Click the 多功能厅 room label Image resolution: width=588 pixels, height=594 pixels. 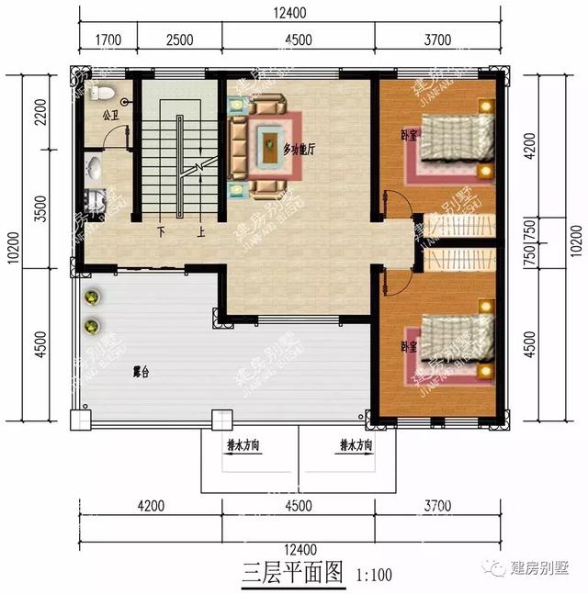tap(300, 148)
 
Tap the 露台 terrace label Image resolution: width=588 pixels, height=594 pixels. tap(141, 372)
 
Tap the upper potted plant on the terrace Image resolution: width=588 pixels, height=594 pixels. tap(92, 297)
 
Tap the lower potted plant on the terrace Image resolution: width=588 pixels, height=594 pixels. tap(92, 325)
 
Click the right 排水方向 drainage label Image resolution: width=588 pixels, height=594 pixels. tap(356, 445)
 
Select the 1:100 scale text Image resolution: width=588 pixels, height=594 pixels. tap(372, 576)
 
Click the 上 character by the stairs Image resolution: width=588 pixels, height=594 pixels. tap(200, 233)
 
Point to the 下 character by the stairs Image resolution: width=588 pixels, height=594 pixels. tap(162, 233)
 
